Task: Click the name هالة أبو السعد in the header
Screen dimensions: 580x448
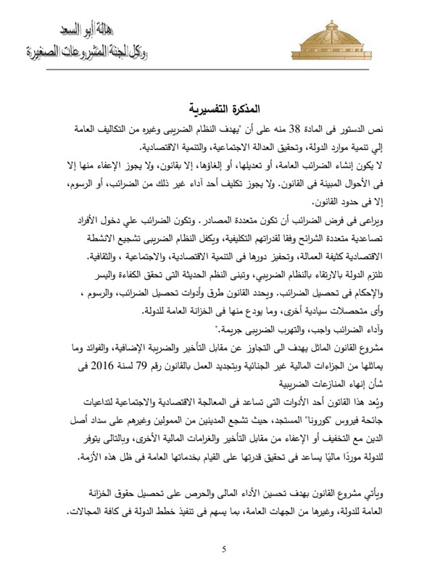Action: point(78,32)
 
